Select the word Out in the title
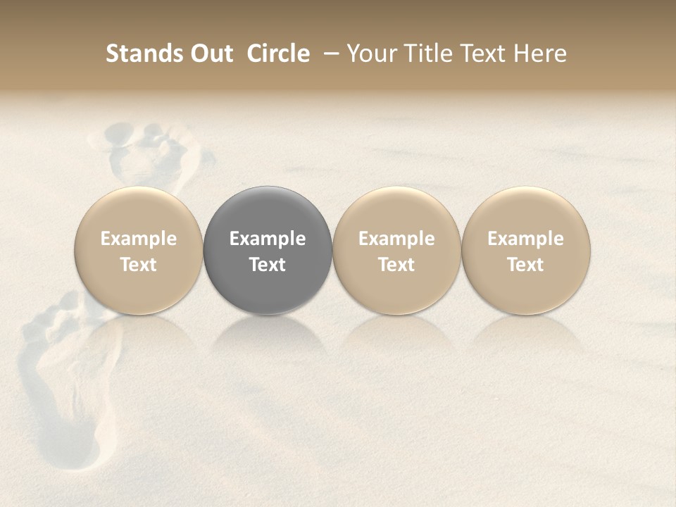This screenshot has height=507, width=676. click(210, 54)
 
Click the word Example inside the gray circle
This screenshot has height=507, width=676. click(268, 239)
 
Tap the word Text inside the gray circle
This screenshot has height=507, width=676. click(268, 265)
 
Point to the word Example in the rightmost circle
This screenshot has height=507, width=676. click(526, 239)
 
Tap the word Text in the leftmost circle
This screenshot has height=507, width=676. click(139, 265)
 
